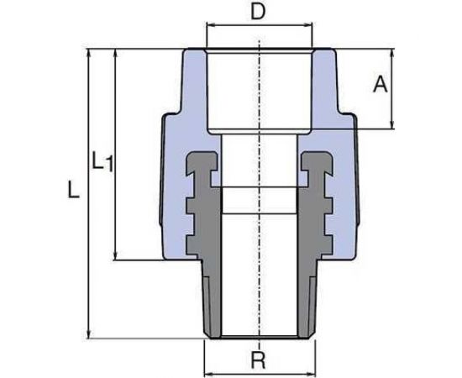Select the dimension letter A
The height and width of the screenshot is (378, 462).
click(380, 84)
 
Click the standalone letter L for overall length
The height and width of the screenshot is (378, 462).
click(74, 192)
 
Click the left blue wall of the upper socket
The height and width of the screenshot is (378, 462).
click(192, 92)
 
